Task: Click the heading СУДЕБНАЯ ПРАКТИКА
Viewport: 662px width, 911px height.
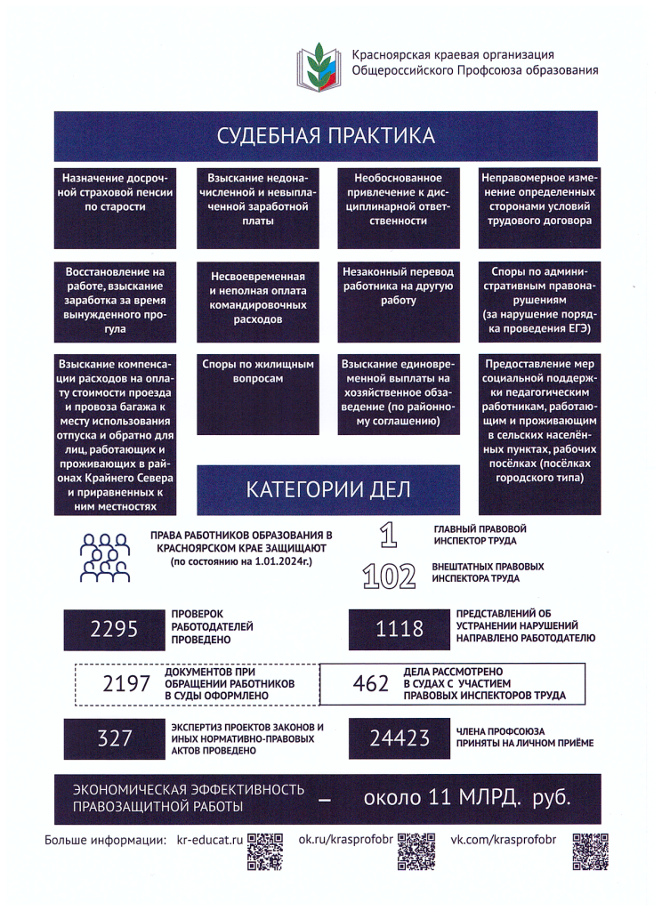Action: [327, 136]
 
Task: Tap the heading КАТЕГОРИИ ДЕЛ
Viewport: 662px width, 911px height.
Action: [328, 490]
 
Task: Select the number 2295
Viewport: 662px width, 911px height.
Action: [115, 630]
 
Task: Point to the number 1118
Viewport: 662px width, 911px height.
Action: [400, 630]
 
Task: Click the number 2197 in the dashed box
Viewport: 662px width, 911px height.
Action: [127, 683]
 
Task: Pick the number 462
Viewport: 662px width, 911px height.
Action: [371, 683]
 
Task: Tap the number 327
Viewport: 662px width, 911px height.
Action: [115, 738]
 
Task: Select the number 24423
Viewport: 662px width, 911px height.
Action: [400, 738]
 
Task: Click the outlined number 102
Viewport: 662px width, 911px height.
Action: [390, 576]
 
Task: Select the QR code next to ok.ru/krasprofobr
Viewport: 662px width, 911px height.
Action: [415, 851]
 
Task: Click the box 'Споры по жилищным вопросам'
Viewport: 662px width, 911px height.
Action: [258, 371]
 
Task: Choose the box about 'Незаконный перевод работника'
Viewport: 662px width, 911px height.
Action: [398, 285]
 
